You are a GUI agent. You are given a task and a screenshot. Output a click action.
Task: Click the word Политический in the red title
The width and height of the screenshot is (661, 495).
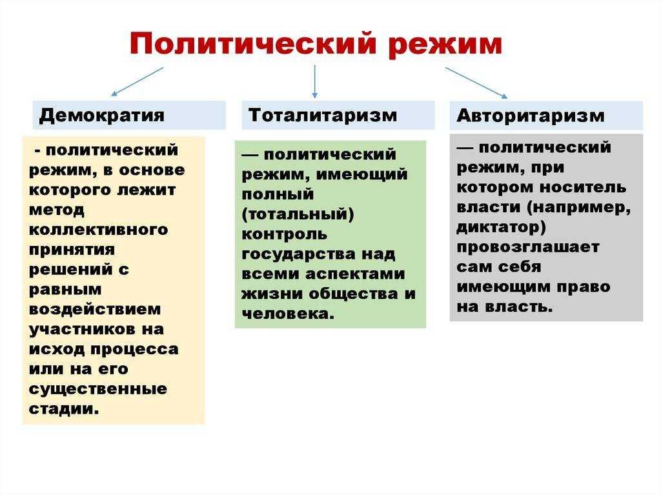point(252,43)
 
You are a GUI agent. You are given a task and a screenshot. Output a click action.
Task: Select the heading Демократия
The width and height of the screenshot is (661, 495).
point(101,116)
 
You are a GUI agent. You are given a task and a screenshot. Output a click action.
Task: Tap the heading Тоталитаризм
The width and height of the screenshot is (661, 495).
point(323,115)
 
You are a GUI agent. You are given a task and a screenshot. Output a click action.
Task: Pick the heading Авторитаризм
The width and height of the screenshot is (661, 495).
point(531,116)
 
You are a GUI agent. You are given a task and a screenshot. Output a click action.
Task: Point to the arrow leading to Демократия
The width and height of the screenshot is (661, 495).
point(137,82)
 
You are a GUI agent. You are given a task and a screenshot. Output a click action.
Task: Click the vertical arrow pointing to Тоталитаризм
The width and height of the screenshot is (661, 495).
point(314,82)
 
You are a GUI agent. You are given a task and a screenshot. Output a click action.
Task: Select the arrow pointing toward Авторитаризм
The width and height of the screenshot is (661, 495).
point(476,83)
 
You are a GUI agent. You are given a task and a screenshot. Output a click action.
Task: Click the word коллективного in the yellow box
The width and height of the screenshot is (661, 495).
point(98,229)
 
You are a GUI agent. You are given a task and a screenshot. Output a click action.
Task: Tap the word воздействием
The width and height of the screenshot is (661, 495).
point(95,309)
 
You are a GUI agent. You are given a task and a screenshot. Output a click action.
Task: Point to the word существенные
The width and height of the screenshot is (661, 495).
point(98,389)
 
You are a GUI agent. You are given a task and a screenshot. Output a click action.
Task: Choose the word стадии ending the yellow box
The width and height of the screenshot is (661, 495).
point(64,409)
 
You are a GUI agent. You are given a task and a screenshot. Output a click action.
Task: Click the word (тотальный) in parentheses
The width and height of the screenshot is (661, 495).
point(298,214)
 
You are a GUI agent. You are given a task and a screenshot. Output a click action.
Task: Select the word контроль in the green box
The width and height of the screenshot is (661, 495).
point(284,234)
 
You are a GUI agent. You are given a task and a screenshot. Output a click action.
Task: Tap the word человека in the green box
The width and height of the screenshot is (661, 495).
point(288,314)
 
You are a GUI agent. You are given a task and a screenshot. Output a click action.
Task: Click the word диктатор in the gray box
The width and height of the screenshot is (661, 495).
point(501,227)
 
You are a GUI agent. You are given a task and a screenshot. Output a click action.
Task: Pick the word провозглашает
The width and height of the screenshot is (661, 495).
point(528,247)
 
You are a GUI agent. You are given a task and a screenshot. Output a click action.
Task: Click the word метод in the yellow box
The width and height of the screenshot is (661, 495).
point(57,210)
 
